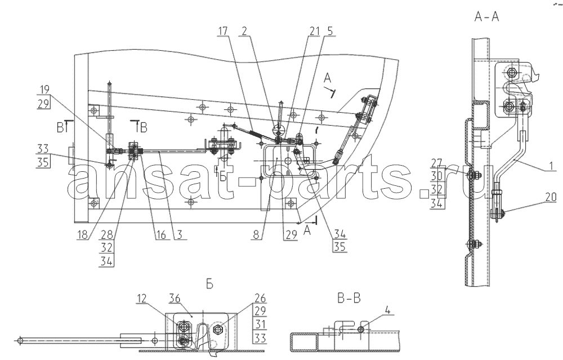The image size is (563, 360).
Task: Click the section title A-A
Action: pos(486,17)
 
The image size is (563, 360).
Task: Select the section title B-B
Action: pos(349,298)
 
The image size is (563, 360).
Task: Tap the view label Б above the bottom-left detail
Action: pos(209,284)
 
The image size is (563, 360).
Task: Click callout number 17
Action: pos(222,31)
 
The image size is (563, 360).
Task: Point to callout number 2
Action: pos(244,31)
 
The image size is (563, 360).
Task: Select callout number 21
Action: pos(314,31)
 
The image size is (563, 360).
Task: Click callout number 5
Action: pos(329,31)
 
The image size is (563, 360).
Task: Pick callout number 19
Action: pos(44,90)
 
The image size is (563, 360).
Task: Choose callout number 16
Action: pos(160,234)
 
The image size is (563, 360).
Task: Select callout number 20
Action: pos(551,197)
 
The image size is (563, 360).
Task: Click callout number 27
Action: pos(437,163)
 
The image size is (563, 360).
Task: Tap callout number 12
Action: pos(141,299)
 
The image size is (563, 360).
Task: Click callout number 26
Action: pos(260,299)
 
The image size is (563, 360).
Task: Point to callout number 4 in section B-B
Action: pos(387,309)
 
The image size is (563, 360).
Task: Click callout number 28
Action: pos(106,234)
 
